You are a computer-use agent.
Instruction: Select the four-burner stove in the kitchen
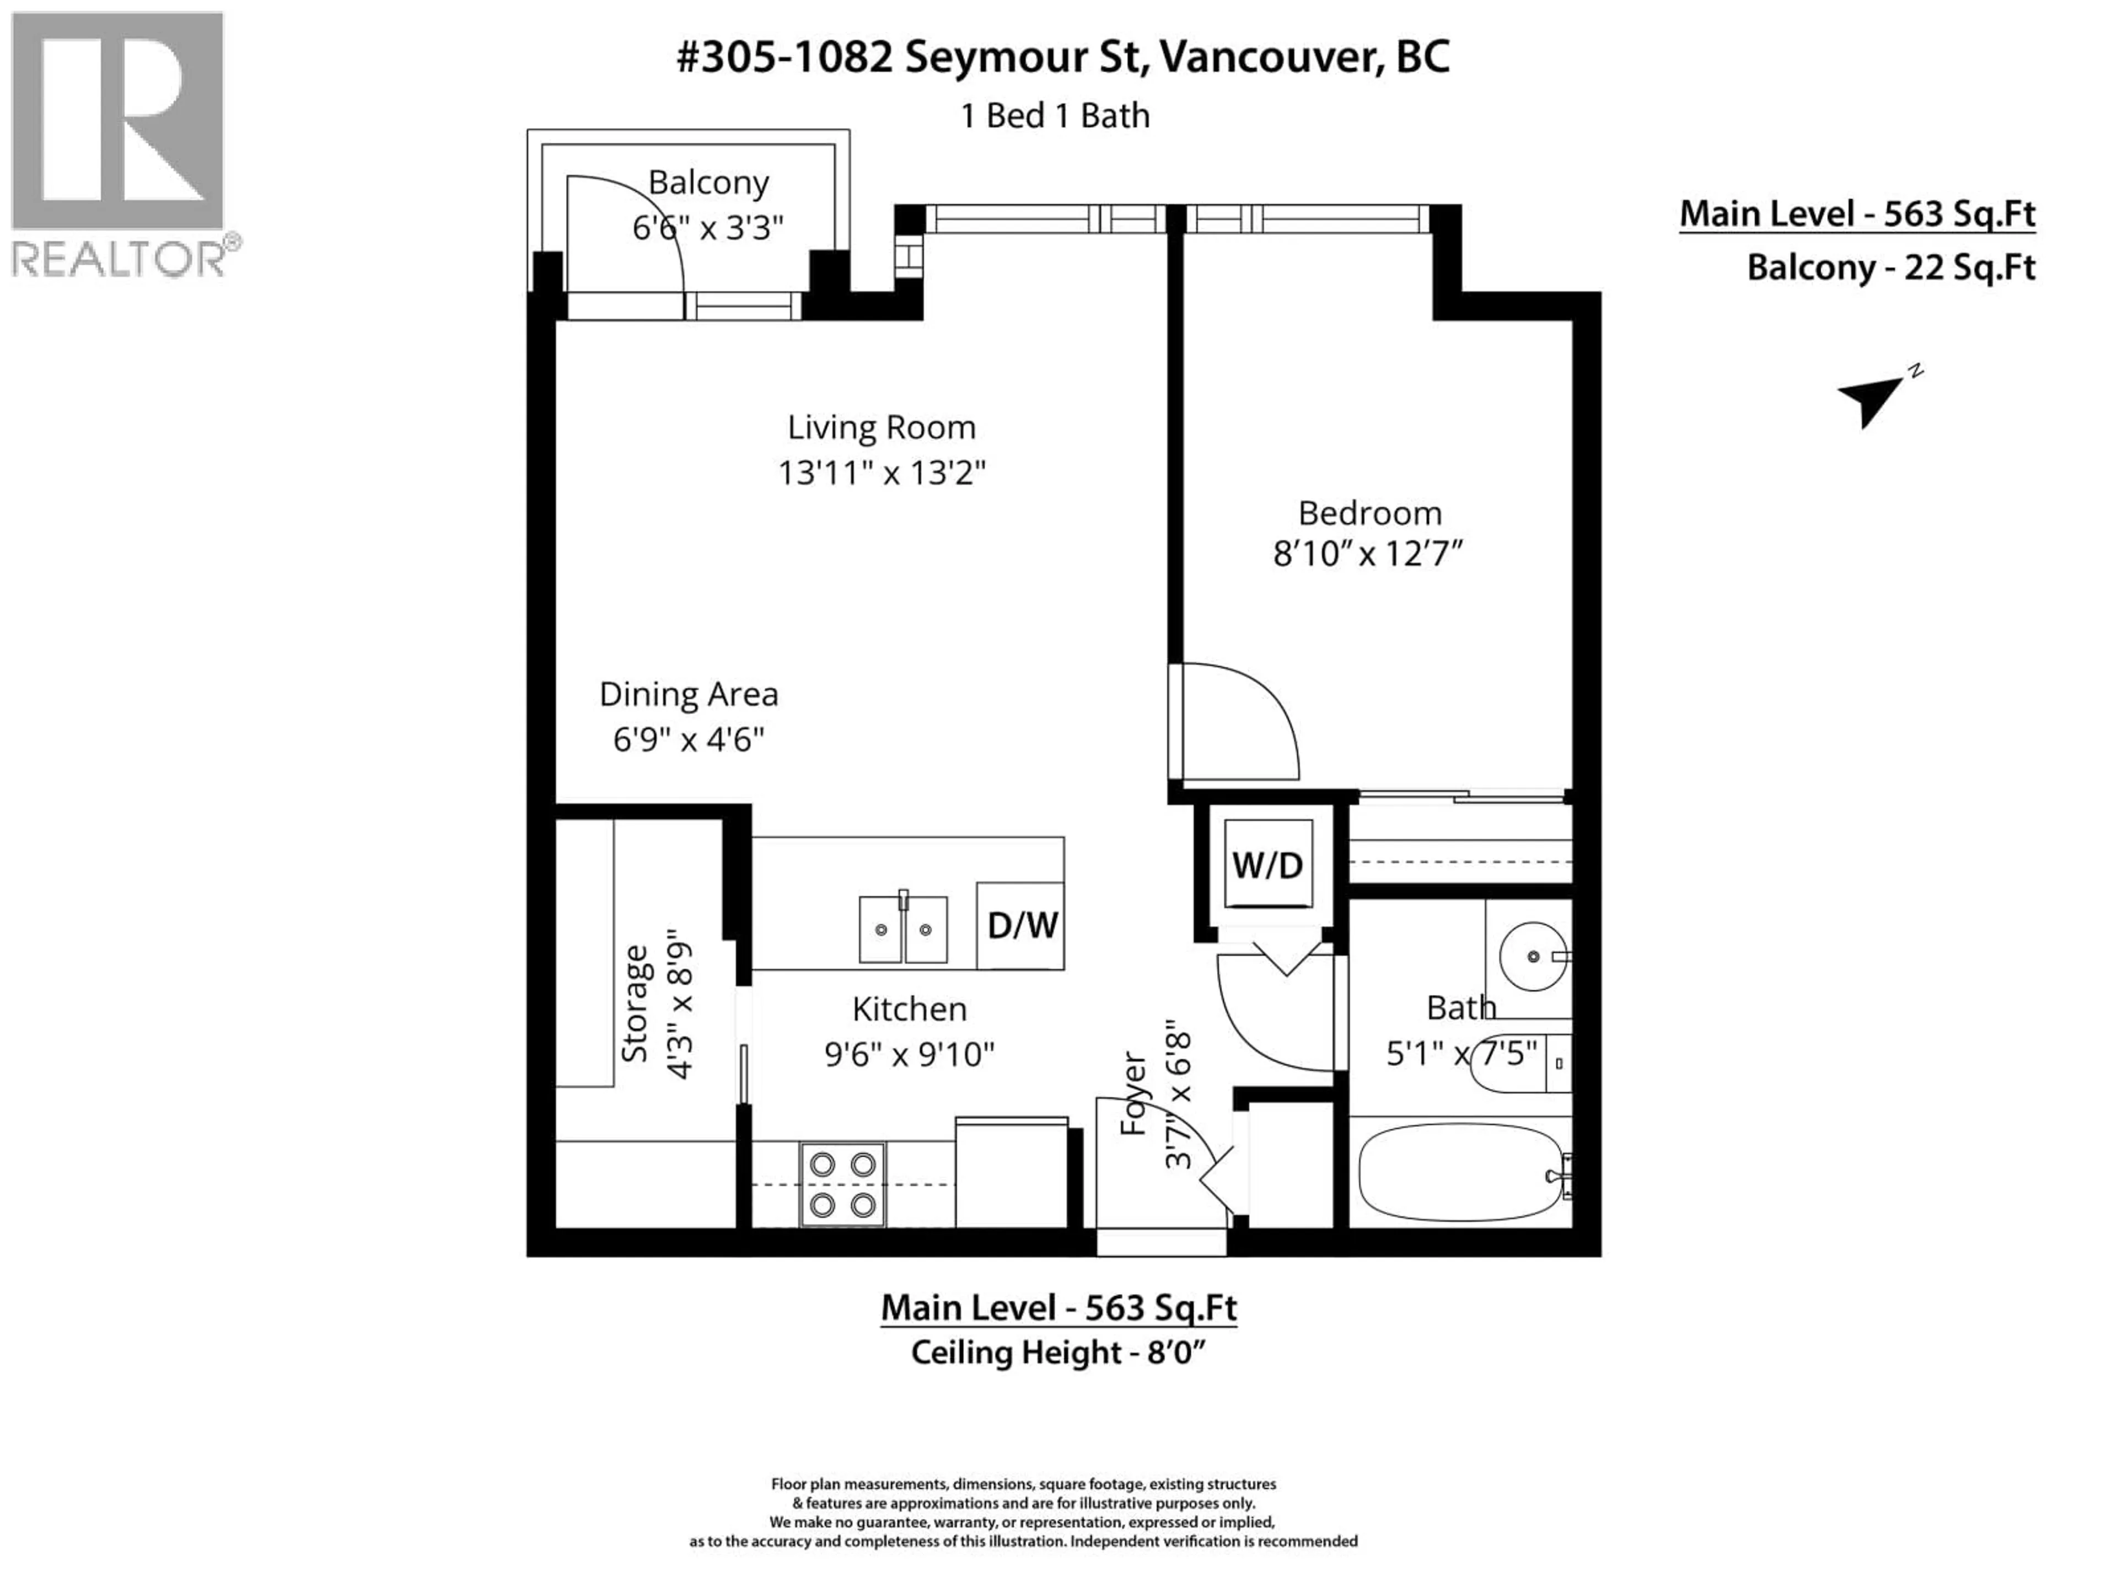tap(842, 1184)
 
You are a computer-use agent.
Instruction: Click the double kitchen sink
tap(902, 929)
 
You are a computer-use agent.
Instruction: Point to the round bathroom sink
tap(1534, 956)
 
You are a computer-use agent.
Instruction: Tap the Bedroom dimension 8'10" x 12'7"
tap(1368, 553)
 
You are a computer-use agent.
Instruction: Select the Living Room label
tap(882, 427)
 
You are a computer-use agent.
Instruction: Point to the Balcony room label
tap(708, 182)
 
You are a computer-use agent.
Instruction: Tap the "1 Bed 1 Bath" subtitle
tap(1055, 116)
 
